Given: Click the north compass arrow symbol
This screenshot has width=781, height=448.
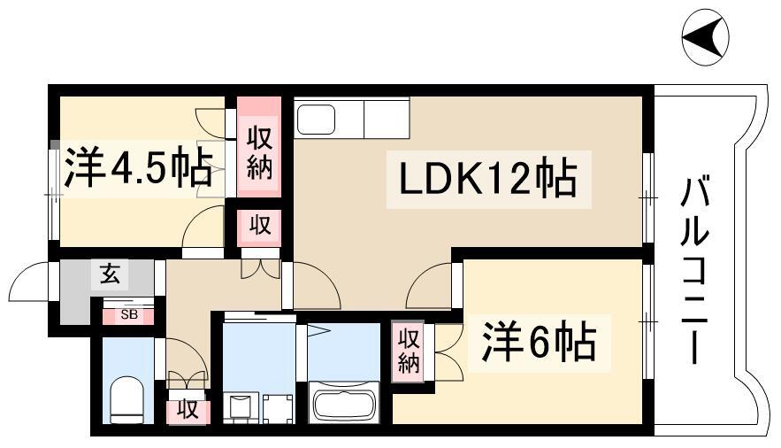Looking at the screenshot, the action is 705,37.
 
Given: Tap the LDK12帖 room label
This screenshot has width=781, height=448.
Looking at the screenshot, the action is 488,178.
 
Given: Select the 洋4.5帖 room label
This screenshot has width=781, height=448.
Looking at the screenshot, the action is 138,167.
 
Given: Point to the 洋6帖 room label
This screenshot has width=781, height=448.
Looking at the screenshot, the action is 539,343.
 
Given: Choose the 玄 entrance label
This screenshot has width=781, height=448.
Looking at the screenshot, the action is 110,274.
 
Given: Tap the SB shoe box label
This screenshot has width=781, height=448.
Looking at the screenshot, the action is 129,315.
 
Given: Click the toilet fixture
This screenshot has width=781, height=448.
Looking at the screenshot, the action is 126,399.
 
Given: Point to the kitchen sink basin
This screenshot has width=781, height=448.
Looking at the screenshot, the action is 316,120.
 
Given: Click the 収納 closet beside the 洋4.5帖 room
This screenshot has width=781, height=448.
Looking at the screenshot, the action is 259,148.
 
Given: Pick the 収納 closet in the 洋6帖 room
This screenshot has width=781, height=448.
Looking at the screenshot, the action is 408,351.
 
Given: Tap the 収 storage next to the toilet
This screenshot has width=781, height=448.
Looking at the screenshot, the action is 188,408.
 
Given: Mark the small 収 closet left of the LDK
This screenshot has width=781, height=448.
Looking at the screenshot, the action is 259,227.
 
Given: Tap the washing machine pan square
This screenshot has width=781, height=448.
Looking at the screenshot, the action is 278,409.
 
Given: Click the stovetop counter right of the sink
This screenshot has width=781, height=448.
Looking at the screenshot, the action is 387,120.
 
